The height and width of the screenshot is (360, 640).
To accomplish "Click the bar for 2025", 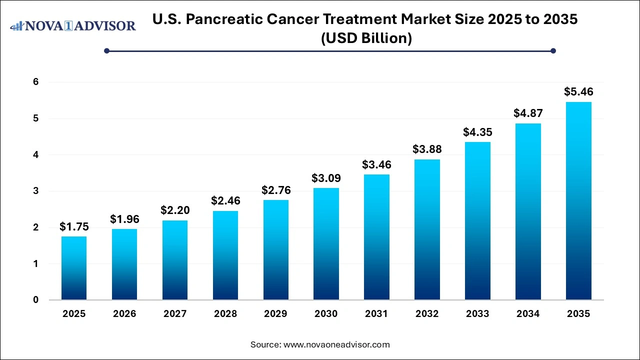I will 74,268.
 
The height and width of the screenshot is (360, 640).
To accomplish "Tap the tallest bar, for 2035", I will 578,201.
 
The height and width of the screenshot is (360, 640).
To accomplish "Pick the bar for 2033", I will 477,221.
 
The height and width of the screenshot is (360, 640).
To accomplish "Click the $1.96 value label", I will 124,219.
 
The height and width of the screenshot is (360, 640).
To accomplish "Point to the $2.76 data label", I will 276,190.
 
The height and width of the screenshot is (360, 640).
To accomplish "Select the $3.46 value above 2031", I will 376,164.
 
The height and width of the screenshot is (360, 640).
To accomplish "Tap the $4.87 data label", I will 528,113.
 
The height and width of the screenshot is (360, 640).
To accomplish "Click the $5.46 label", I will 578,92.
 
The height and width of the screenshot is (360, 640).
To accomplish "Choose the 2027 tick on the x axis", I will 175,314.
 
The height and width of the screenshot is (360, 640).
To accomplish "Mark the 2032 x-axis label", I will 427,314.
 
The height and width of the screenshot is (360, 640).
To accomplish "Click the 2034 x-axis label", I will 528,314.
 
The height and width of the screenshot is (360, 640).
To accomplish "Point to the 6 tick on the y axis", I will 36,82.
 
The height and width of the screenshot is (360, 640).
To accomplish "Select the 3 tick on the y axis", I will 36,191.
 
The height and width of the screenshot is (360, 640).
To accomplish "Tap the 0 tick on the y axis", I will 36,300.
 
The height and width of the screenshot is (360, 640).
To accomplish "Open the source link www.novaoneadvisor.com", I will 336,344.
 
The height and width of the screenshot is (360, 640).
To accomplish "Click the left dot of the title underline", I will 106,50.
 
